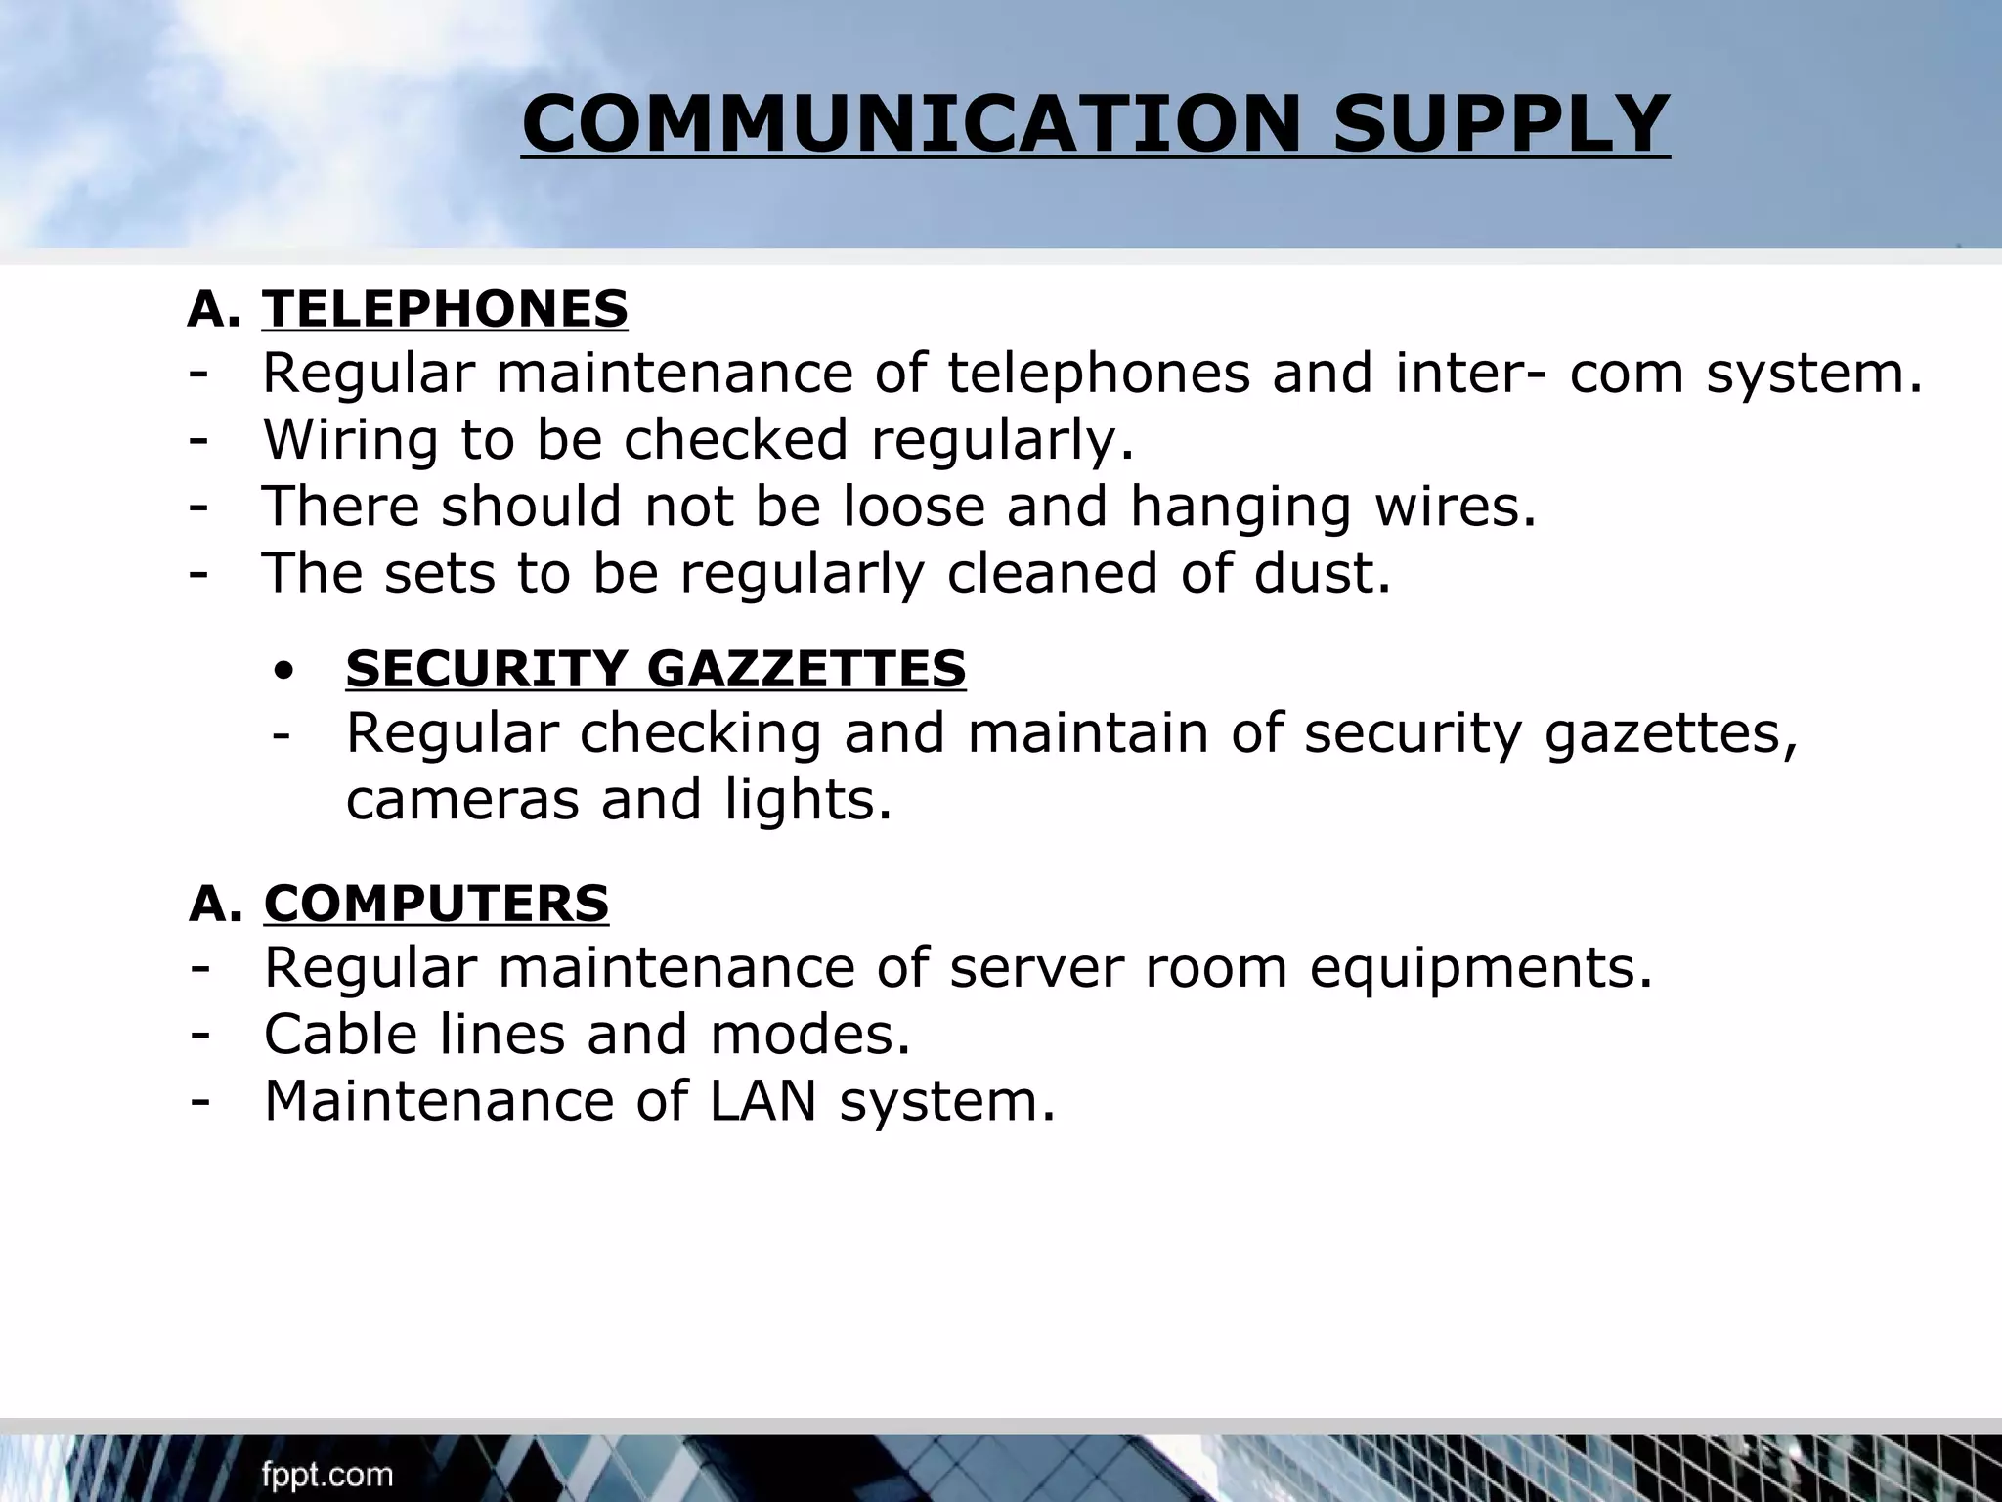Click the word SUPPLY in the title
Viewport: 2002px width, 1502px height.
pyautogui.click(x=1501, y=124)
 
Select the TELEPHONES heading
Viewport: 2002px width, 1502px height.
pyautogui.click(x=445, y=309)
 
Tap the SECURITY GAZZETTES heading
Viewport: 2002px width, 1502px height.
pyautogui.click(x=656, y=669)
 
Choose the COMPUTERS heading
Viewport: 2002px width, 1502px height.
pyautogui.click(x=436, y=903)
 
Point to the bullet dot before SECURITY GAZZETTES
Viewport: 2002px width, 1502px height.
pyautogui.click(x=284, y=672)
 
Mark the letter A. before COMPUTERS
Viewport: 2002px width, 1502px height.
pyautogui.click(x=216, y=904)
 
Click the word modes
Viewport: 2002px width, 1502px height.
pyautogui.click(x=810, y=1035)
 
